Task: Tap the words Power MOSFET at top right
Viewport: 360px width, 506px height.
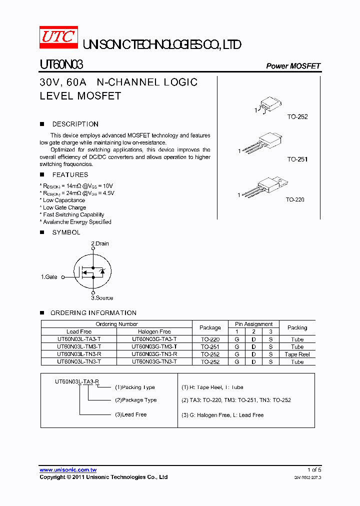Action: click(x=293, y=66)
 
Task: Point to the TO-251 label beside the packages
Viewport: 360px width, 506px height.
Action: click(x=297, y=159)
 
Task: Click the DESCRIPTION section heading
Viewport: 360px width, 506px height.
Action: click(x=75, y=124)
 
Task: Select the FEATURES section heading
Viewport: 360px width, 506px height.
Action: click(x=70, y=174)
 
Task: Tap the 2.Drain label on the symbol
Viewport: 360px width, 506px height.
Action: click(x=99, y=243)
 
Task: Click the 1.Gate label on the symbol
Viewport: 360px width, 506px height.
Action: click(x=49, y=276)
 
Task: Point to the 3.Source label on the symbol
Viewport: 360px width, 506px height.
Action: click(x=102, y=298)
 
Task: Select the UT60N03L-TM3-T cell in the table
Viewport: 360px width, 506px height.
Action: click(x=79, y=346)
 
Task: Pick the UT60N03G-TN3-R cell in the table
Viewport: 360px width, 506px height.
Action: click(x=154, y=354)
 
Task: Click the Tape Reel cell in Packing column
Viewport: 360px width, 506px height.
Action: click(x=297, y=354)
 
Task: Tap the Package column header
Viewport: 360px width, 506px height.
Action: click(x=210, y=327)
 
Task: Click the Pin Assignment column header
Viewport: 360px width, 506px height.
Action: click(x=253, y=324)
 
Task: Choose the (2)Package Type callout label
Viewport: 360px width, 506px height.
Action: click(x=136, y=400)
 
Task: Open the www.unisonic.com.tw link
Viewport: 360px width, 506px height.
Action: click(x=68, y=470)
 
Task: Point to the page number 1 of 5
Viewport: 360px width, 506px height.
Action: click(x=314, y=470)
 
